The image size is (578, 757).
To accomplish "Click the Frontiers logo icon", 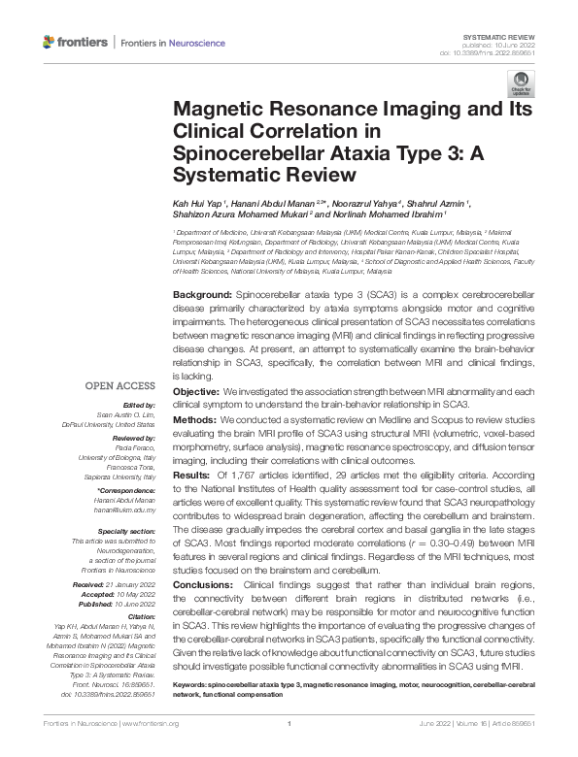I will [x=49, y=43].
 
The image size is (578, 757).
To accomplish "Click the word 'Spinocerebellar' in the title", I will [x=243, y=152].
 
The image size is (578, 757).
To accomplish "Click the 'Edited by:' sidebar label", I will [x=139, y=403].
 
